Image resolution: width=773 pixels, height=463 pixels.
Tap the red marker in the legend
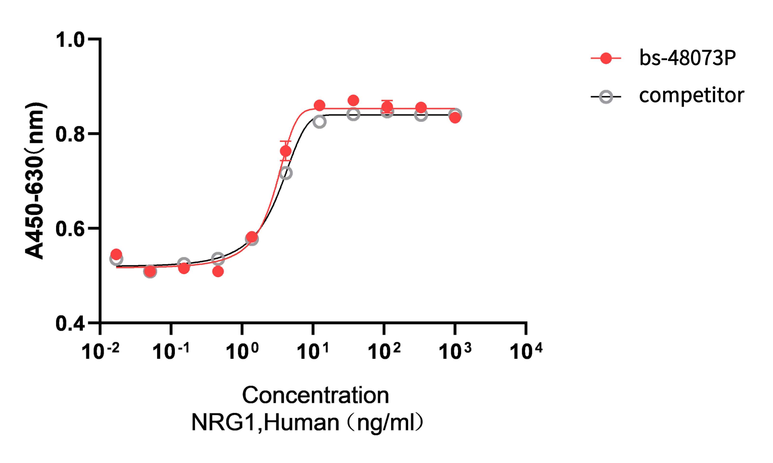point(606,58)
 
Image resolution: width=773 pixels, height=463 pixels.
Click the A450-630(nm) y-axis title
point(35,181)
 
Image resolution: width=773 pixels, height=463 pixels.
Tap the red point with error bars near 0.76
point(286,151)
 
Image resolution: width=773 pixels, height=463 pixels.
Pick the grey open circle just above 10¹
point(319,122)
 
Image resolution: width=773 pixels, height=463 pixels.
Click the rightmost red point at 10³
point(455,118)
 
